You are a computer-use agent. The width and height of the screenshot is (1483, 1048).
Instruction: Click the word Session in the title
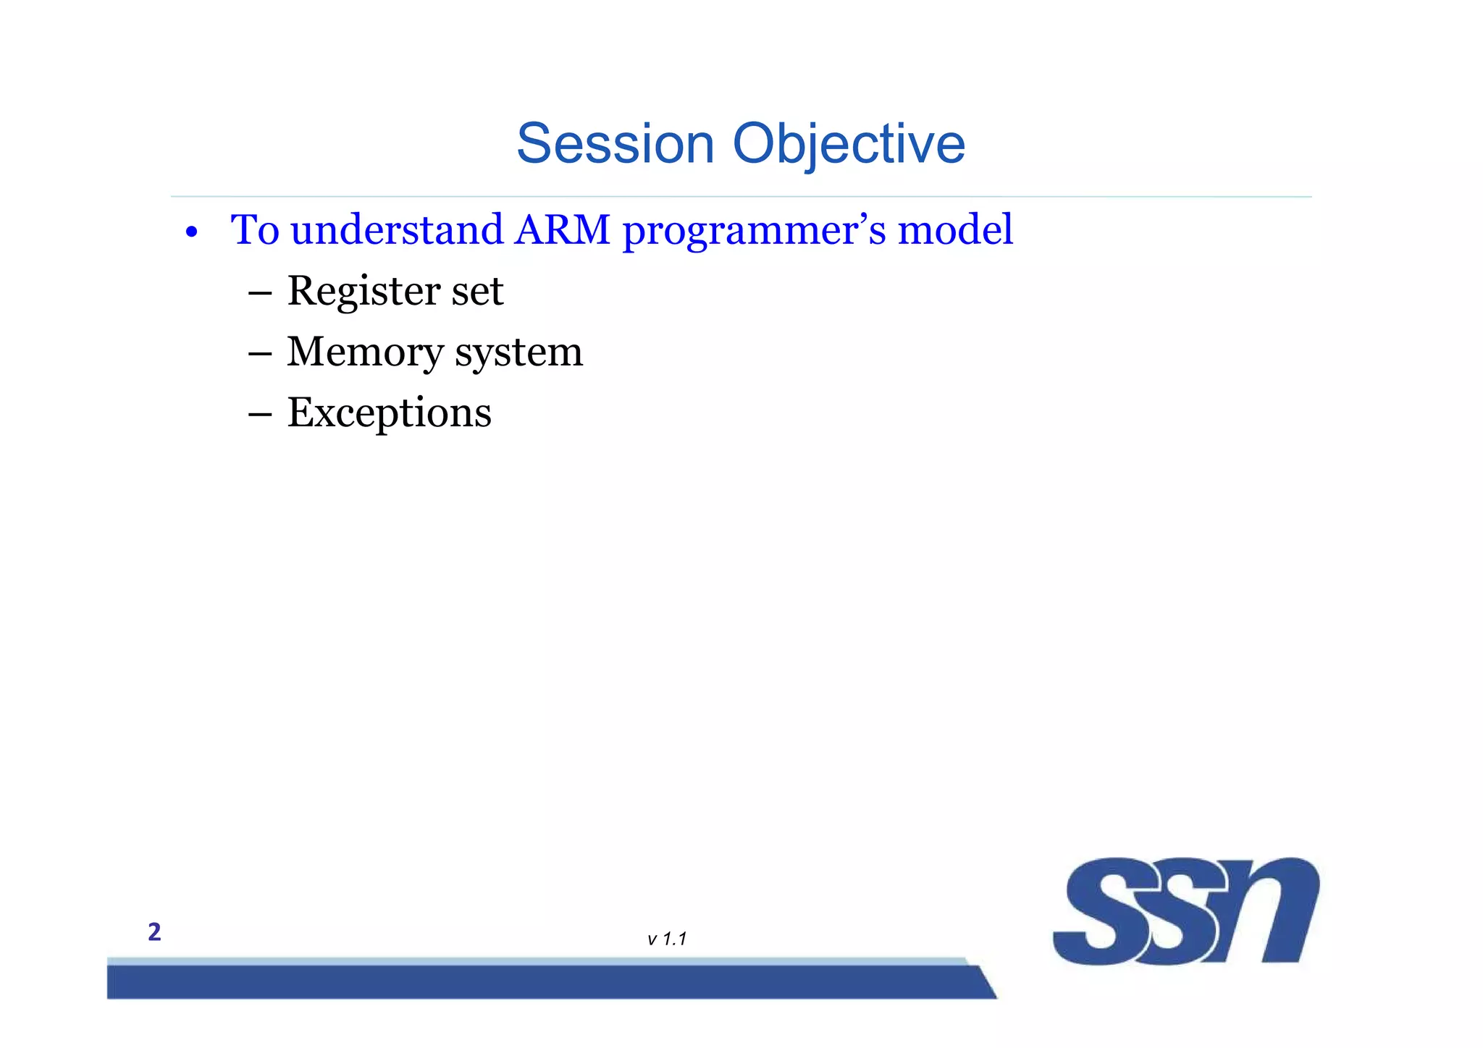[616, 143]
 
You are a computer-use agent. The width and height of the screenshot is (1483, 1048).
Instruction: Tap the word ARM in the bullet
[562, 230]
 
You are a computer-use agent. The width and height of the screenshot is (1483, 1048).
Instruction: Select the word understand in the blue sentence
[397, 230]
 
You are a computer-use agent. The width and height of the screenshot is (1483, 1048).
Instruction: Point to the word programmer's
[754, 232]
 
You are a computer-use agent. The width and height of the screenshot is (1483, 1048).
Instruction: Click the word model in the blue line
[955, 230]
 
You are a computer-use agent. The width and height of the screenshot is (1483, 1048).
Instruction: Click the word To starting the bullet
[255, 230]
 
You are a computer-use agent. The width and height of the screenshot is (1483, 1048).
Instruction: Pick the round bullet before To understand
[191, 233]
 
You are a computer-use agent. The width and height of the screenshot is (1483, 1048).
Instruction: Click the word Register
[364, 292]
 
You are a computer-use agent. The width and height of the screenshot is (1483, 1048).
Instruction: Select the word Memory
[365, 353]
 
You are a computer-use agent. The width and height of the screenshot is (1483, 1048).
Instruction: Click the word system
[518, 353]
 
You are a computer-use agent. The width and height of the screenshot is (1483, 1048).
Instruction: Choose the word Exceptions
[390, 414]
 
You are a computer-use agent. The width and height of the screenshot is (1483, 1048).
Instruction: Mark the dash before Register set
[259, 294]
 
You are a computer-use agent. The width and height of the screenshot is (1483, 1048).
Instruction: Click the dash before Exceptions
[259, 415]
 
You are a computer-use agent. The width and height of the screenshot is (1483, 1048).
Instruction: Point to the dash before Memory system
[259, 355]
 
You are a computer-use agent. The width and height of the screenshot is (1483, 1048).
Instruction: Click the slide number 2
[154, 932]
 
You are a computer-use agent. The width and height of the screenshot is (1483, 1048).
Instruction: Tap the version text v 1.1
[666, 939]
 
